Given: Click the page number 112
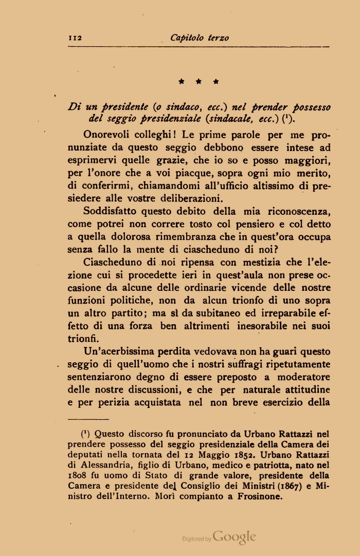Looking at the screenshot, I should [x=76, y=38].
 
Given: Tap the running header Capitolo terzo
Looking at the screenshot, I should [x=200, y=38].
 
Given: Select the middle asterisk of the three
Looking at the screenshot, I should [x=199, y=81].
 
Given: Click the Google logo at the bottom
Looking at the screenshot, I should [x=234, y=538].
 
